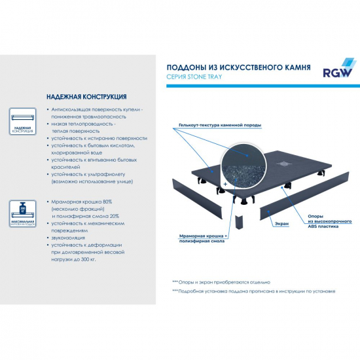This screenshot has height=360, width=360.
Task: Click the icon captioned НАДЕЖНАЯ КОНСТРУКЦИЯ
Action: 24,121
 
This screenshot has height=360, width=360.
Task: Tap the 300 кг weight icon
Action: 24,213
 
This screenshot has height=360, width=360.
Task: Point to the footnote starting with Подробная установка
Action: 255,291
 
